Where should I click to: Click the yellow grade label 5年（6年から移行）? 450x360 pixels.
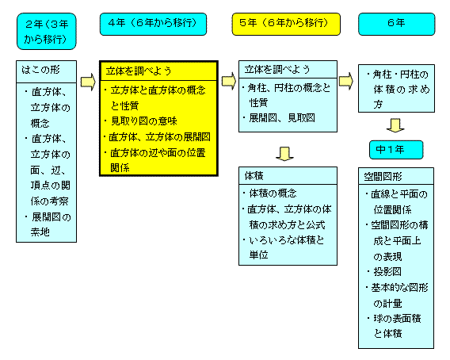(286, 24)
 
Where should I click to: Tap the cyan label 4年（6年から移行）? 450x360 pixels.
(153, 24)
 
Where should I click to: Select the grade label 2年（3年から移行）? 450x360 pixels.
(47, 31)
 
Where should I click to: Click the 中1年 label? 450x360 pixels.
(396, 150)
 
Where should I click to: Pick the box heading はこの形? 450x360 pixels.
(40, 70)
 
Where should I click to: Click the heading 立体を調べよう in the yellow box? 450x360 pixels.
(139, 71)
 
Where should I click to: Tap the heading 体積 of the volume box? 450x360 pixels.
(254, 175)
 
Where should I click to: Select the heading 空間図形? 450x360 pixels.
(383, 176)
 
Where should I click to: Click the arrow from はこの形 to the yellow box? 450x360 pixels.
(88, 82)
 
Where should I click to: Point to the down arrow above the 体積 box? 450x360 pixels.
(284, 154)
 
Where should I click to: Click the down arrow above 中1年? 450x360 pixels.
(395, 125)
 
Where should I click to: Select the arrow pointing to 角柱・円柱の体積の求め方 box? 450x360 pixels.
(346, 81)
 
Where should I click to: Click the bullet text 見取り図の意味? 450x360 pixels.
(143, 121)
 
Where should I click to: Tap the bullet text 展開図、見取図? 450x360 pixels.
(282, 118)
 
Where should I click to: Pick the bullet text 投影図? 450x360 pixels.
(387, 271)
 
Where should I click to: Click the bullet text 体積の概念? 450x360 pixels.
(273, 193)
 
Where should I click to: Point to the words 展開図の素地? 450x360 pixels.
(51, 224)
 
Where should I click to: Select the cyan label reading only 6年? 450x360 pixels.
(397, 24)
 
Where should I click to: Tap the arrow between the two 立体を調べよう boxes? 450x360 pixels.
(229, 81)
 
